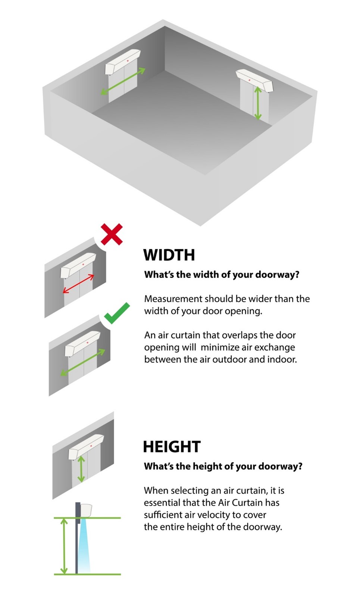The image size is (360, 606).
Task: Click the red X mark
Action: pyautogui.click(x=112, y=234)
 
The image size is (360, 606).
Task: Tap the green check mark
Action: pyautogui.click(x=117, y=313)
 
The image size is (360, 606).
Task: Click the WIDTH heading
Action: pyautogui.click(x=169, y=255)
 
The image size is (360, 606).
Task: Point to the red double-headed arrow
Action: pyautogui.click(x=78, y=284)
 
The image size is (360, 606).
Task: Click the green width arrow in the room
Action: pyautogui.click(x=123, y=81)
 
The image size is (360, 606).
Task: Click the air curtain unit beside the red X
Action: pyautogui.click(x=78, y=266)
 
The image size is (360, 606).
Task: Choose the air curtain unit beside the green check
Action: pyautogui.click(x=82, y=344)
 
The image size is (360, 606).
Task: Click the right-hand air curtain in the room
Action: pyautogui.click(x=254, y=80)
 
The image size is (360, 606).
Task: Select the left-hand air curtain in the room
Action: pyautogui.click(x=122, y=62)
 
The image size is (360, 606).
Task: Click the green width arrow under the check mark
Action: pyautogui.click(x=82, y=363)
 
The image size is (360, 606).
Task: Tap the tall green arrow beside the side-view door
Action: pyautogui.click(x=64, y=546)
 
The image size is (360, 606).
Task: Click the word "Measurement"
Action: pyautogui.click(x=173, y=299)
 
